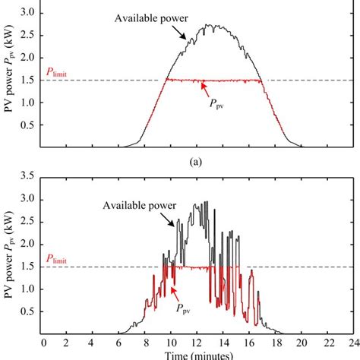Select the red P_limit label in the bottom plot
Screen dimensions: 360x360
[60, 260]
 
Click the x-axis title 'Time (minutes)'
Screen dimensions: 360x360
[197, 355]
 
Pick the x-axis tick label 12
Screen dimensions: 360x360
[197, 342]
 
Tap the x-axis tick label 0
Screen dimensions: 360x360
[43, 342]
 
